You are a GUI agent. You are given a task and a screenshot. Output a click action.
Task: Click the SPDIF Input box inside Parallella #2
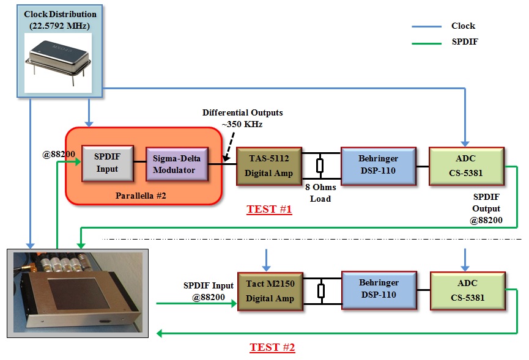(108, 164)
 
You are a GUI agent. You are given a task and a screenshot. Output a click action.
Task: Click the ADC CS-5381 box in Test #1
(467, 166)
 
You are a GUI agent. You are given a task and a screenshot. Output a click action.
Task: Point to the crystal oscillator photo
(58, 57)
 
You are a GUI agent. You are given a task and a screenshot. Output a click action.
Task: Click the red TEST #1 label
(269, 210)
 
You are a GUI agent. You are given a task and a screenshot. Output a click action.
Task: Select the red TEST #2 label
(272, 348)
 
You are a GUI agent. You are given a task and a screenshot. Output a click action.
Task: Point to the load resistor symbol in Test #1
(320, 166)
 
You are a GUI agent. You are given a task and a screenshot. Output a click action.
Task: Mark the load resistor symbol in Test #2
(320, 290)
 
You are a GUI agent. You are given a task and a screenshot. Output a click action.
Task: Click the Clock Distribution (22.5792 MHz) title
(60, 20)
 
